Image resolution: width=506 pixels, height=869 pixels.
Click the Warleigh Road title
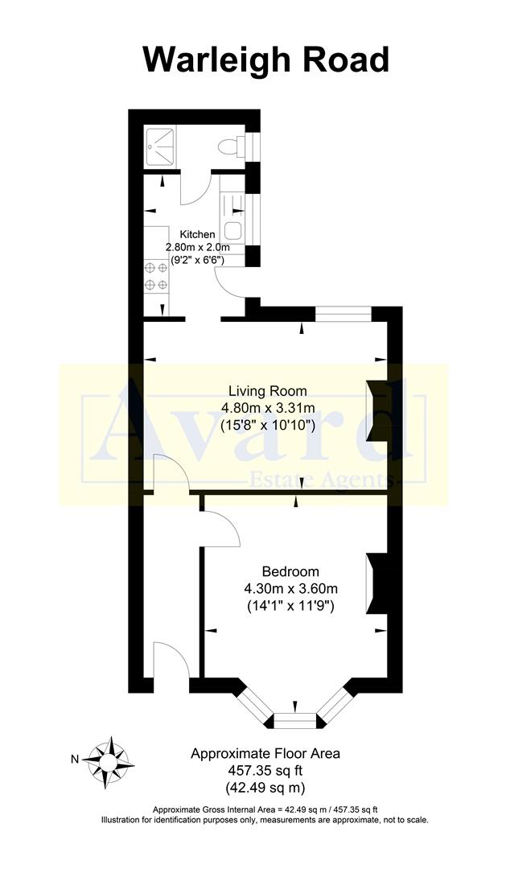pos(265,60)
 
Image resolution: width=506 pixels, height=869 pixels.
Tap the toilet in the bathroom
pos(232,145)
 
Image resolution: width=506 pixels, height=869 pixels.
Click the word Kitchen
pos(197,234)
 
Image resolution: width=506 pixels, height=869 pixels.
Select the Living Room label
pos(267,391)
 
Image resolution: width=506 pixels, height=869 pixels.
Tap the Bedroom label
pos(291,572)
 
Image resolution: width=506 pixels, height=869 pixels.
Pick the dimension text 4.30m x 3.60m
pos(291,588)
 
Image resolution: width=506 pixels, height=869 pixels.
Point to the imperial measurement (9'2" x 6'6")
pos(194,260)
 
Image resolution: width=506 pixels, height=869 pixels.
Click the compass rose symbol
pos(109,757)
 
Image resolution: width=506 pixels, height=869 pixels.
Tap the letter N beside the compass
pos(74,758)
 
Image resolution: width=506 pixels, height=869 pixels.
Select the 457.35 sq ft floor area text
pos(265,770)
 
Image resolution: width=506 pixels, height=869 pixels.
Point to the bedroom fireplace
pos(375,583)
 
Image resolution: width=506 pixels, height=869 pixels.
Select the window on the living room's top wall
pos(343,314)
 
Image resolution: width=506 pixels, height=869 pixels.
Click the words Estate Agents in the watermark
pos(337,480)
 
